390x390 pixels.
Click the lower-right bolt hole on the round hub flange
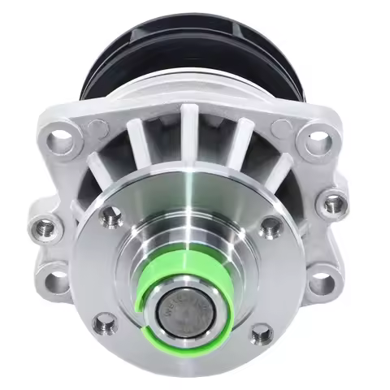click(x=261, y=332)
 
